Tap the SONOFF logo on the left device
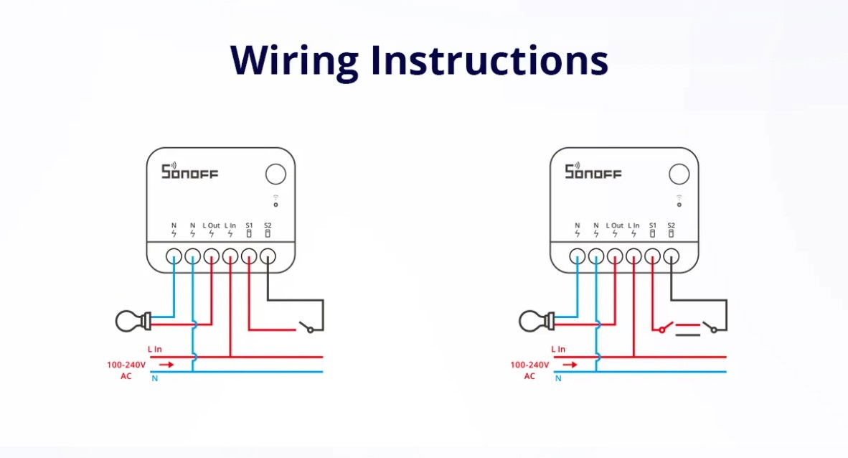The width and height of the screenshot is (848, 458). pos(189,172)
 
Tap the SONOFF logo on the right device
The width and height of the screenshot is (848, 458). pos(593,172)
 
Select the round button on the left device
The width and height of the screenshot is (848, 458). pos(275,174)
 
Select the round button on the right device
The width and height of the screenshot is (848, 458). pos(679,174)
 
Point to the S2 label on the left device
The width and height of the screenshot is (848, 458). pos(268,225)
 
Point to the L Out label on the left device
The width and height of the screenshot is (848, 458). pos(211,225)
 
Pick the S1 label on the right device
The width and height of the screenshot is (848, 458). pos(652,225)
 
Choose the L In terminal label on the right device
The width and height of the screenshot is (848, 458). pos(633,225)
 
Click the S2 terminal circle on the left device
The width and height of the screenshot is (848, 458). pos(268,256)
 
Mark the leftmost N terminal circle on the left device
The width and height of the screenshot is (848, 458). pos(174,256)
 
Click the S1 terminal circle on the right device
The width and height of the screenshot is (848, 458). pos(652,256)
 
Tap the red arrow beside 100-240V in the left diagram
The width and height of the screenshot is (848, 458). pos(166,365)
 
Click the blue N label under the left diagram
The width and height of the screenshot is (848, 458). pos(154,378)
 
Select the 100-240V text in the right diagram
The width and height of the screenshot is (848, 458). pos(529,365)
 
